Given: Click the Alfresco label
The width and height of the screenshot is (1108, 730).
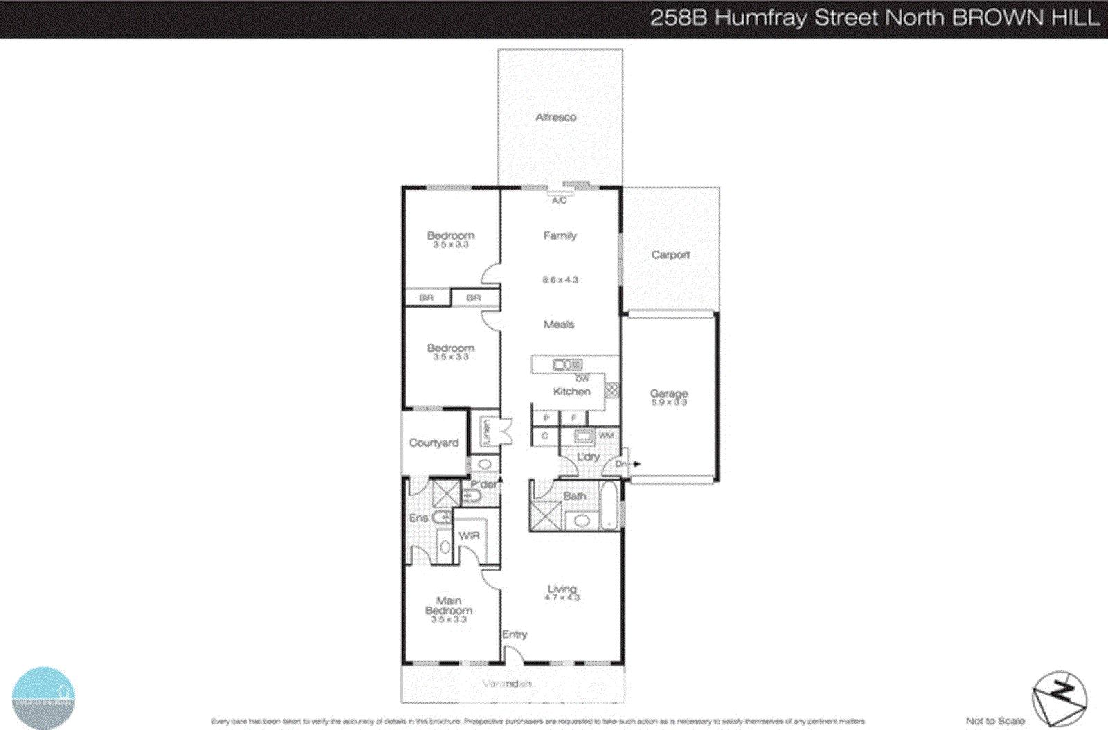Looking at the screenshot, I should coord(555,117).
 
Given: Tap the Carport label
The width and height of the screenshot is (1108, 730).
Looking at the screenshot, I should coord(670,255).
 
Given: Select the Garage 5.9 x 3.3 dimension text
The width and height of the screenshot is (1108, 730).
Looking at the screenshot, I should coord(668,402).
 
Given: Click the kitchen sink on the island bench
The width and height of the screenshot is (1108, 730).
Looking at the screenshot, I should coord(566,364).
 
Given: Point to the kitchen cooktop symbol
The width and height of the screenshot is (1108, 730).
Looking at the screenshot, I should coord(611,389).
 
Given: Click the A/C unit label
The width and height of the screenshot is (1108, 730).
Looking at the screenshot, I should coord(559,200).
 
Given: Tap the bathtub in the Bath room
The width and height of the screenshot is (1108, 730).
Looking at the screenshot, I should coord(609,505).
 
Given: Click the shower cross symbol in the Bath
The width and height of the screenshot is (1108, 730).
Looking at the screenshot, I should coord(546,516).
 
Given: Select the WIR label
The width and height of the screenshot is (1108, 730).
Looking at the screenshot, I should coord(469,535).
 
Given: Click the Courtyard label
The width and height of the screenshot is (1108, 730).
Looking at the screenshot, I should coord(434,443).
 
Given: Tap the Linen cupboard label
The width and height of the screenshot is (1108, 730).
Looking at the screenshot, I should coord(486,431).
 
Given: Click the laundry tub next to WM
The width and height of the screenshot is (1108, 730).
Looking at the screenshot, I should coord(583,436).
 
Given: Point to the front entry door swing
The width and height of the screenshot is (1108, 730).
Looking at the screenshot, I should coord(513,655).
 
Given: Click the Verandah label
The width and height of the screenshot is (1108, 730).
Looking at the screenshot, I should coord(507,684).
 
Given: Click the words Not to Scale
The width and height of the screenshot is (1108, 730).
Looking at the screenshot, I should coord(995,721).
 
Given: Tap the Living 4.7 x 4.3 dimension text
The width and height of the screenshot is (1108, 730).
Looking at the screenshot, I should coord(562,597).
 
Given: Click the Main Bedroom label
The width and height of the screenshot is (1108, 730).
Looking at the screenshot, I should coord(449,605).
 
